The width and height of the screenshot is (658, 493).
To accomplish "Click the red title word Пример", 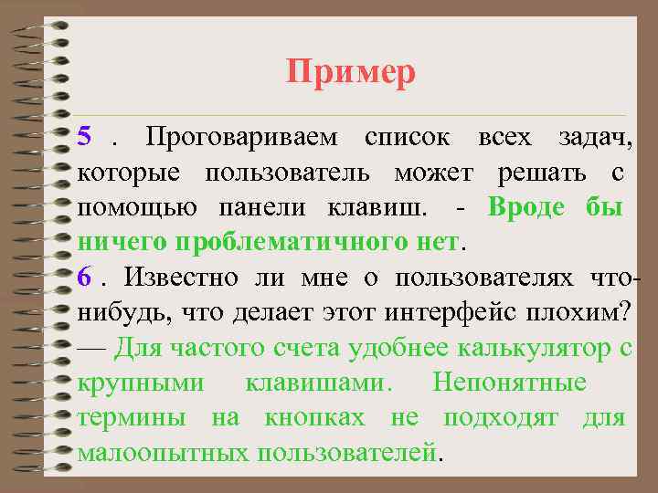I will click(351, 71).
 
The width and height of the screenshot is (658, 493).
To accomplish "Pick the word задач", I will click(595, 138).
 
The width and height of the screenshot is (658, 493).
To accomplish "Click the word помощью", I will click(139, 207).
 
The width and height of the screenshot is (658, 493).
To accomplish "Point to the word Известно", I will click(181, 276).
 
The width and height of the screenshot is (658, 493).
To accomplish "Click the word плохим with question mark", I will click(579, 311).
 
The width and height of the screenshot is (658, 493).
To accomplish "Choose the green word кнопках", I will click(315, 417).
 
